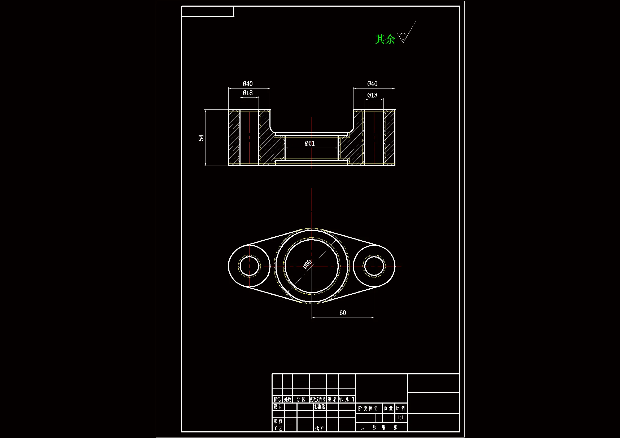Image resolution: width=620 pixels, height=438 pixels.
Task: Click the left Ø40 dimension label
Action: [248, 84]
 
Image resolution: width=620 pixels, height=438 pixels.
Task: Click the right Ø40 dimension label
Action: [372, 84]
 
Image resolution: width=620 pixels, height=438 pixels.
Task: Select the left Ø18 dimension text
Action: [248, 93]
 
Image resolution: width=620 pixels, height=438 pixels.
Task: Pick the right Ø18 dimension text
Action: [372, 95]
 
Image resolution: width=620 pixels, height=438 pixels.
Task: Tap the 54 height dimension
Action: [201, 138]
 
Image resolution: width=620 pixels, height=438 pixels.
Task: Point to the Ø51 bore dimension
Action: [310, 143]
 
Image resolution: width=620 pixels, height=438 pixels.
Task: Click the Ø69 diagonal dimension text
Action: [307, 264]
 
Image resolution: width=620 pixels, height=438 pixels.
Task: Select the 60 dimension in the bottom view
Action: [343, 312]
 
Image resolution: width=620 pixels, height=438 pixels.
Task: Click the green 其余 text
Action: [385, 39]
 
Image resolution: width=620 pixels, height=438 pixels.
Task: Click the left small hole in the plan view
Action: [249, 266]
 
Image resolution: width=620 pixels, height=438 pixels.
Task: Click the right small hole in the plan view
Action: [374, 266]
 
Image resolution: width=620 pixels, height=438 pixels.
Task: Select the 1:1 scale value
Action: [400, 418]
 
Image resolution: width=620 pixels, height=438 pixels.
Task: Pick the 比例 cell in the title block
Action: [400, 408]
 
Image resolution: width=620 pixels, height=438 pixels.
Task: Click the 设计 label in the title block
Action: [278, 407]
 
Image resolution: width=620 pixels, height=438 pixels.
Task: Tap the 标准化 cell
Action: [320, 407]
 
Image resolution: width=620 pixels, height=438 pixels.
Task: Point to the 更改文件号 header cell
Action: [318, 399]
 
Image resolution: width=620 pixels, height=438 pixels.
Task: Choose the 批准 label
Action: [320, 428]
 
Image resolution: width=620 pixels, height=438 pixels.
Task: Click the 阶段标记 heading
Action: [368, 408]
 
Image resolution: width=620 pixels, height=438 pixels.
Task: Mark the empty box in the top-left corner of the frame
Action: [207, 11]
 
